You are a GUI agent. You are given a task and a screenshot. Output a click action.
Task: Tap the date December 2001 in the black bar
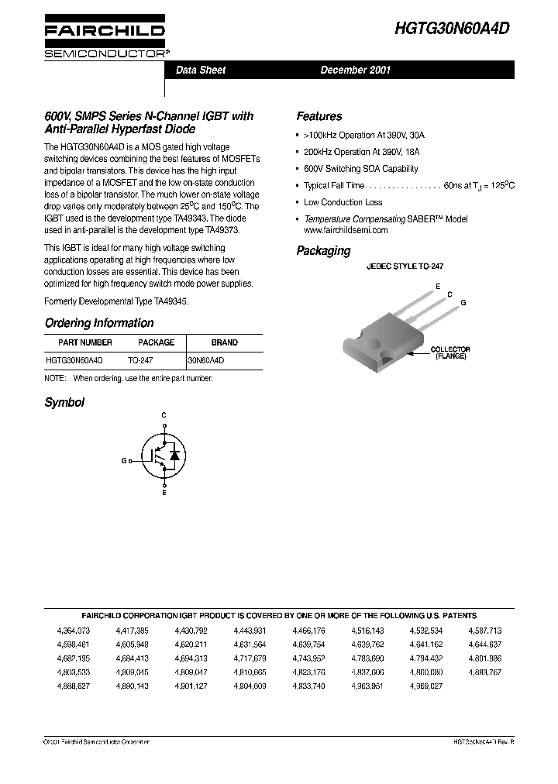356,70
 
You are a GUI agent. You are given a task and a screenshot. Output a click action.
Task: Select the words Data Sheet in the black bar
201,70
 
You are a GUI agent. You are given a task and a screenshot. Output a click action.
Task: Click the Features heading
319,116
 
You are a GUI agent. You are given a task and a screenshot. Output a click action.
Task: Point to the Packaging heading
323,251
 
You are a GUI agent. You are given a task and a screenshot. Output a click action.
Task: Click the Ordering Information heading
99,323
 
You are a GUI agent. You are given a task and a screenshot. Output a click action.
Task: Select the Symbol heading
64,402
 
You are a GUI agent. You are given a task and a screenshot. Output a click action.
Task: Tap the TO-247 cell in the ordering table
139,360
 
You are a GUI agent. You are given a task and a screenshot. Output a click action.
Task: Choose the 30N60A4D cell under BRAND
206,360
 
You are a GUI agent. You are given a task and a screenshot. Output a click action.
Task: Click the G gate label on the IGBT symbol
123,460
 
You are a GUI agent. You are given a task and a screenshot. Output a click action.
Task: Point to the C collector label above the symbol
164,416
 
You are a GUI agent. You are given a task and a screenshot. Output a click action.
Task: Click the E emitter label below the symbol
164,493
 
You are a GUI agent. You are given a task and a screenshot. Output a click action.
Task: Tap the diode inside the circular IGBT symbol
174,456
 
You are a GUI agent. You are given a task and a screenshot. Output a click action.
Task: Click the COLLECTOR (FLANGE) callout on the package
449,353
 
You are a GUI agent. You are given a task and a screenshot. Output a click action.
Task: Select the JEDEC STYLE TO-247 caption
405,266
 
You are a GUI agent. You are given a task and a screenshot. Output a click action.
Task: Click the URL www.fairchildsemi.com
346,230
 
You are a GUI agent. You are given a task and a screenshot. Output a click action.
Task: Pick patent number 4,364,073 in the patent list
74,631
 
